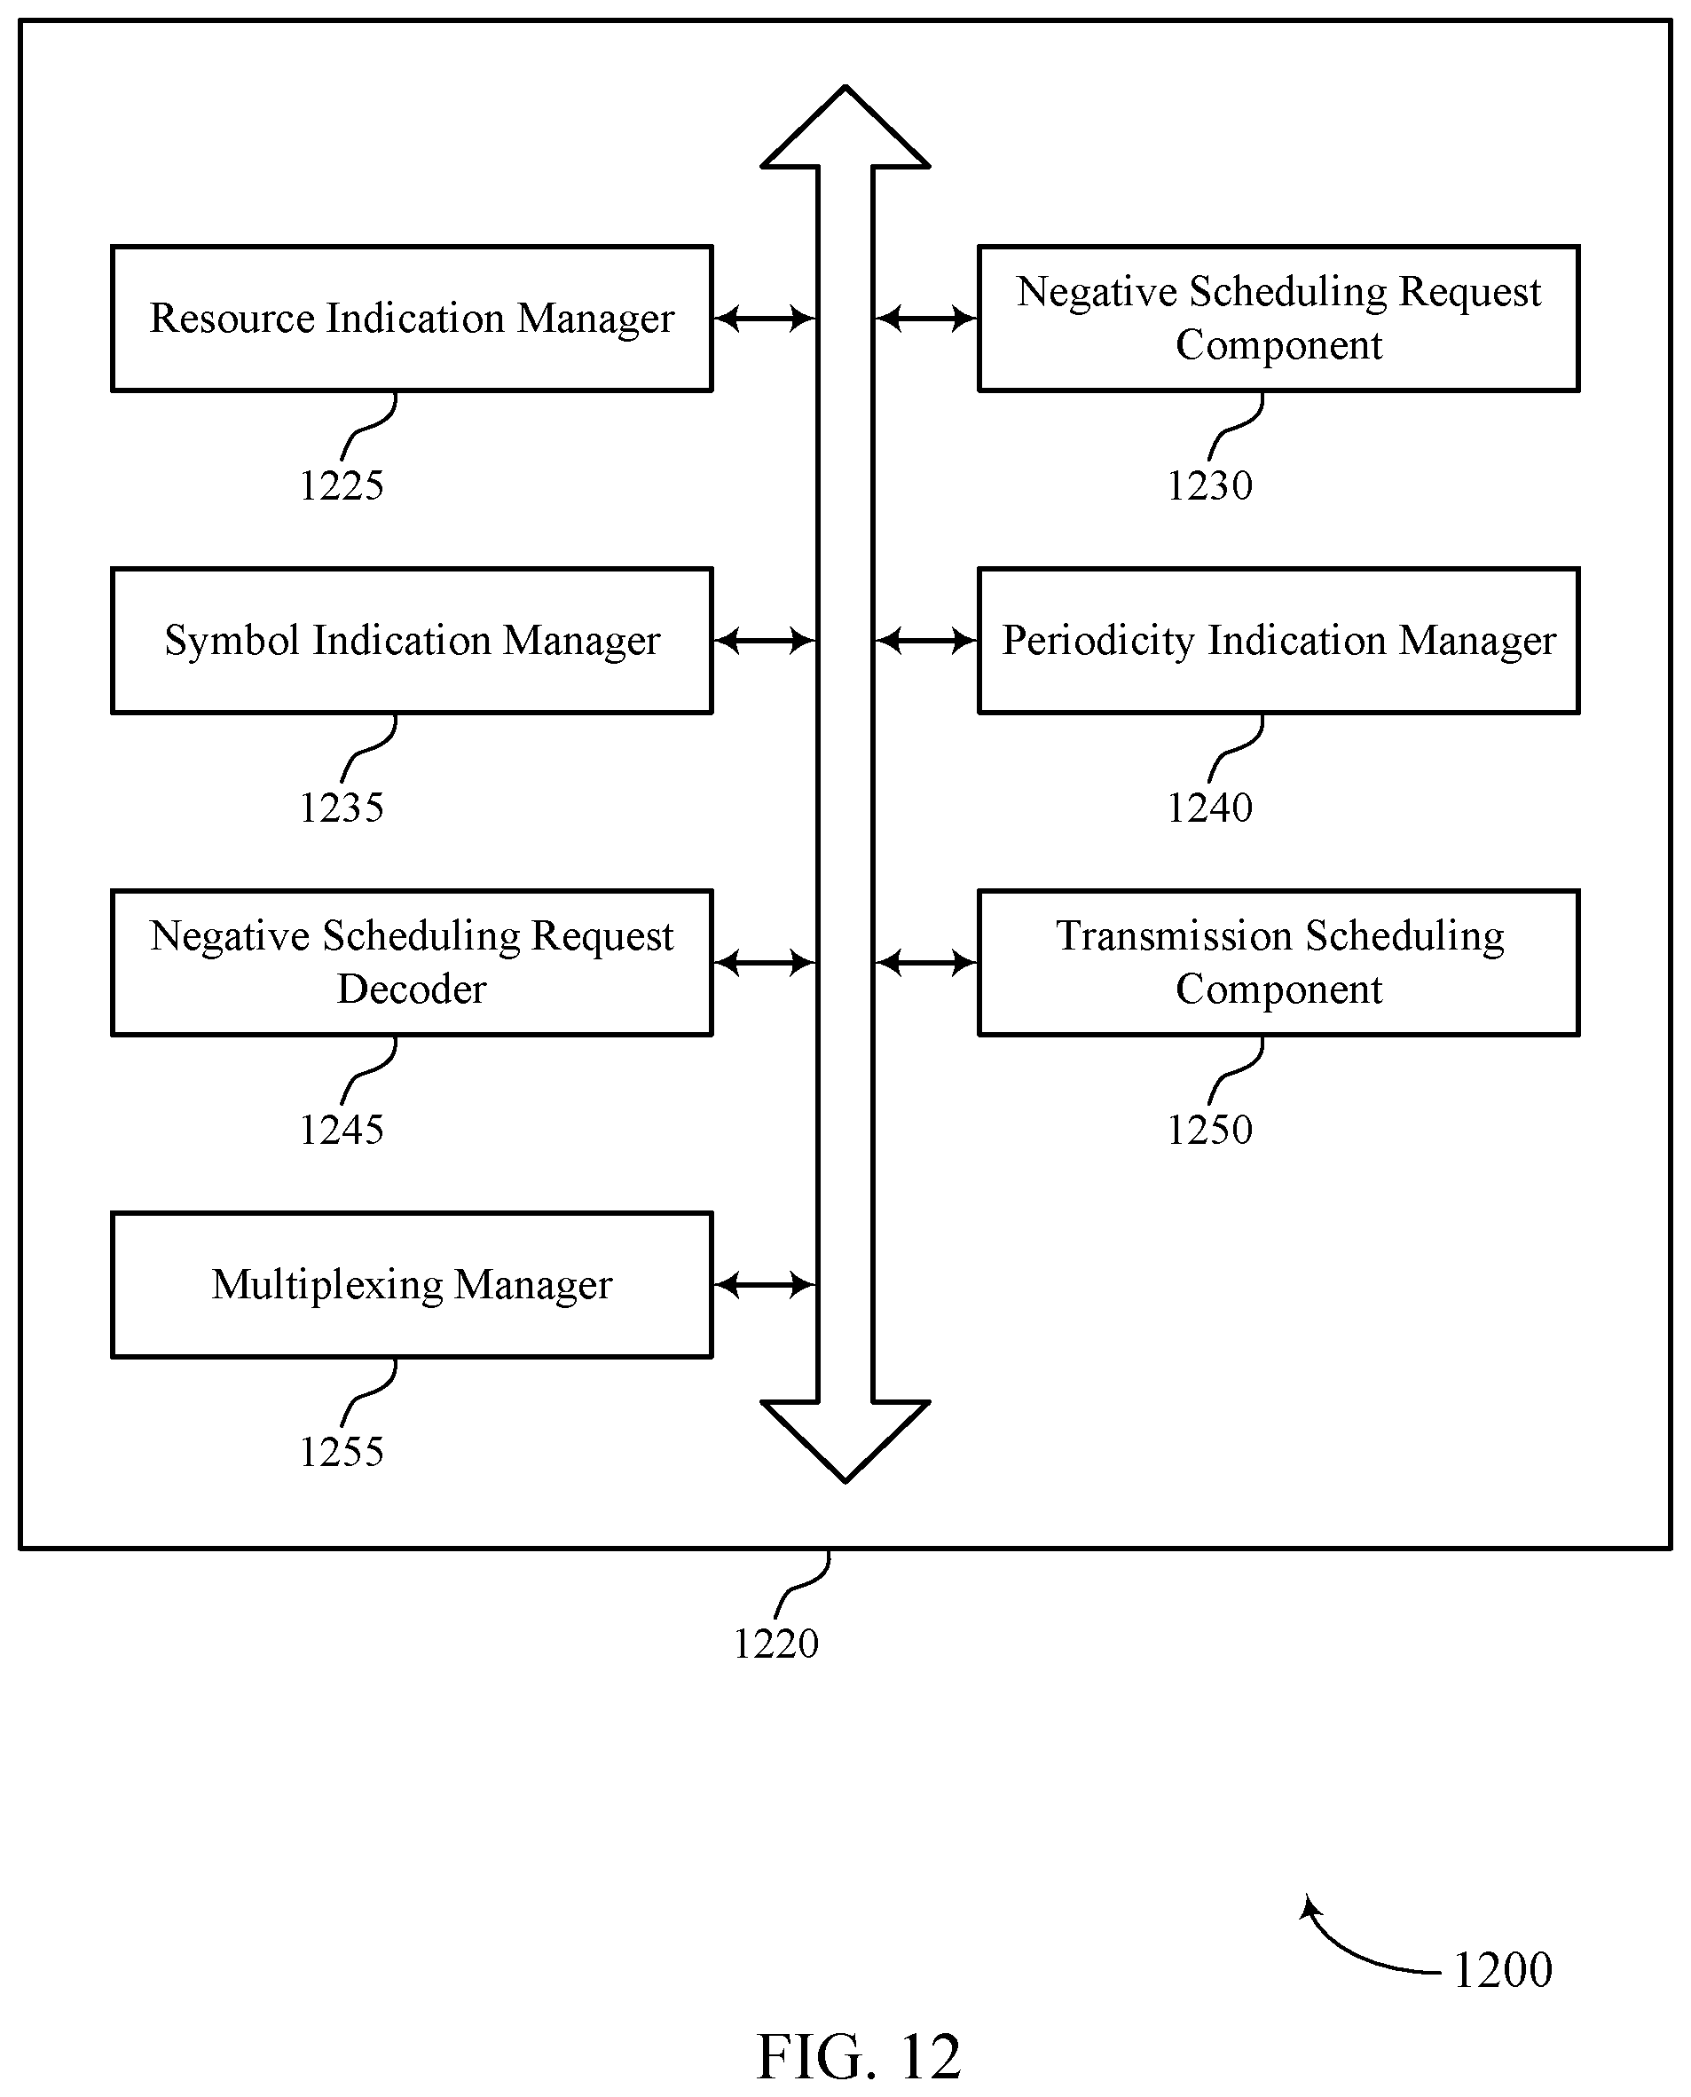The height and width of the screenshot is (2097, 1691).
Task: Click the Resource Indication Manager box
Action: pos(412,319)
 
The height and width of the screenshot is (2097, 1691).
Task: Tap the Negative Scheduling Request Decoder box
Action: pos(412,963)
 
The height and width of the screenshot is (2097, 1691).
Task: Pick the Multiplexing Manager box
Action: pos(412,1285)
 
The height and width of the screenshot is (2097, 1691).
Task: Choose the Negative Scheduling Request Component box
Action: pos(1279,319)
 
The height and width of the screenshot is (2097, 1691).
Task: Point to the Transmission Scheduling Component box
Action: pos(1279,963)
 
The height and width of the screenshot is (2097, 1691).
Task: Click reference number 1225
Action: pos(342,485)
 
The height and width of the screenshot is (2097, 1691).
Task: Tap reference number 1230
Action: pos(1210,485)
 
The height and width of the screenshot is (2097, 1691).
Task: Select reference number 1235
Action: pos(342,808)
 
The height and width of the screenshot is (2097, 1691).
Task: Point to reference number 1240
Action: pos(1210,808)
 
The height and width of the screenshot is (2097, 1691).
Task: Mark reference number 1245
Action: pos(342,1131)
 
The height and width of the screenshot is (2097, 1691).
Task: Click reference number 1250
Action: pos(1210,1131)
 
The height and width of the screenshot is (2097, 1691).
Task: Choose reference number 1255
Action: pos(342,1452)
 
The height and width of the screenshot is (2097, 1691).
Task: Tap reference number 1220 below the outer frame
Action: pos(776,1644)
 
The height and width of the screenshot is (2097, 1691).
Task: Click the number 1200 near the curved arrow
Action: pos(1503,1970)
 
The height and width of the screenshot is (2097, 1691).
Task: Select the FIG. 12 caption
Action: pos(859,2056)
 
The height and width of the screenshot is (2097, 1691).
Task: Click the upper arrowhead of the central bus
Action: pos(845,127)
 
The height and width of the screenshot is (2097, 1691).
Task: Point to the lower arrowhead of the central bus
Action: pos(845,1442)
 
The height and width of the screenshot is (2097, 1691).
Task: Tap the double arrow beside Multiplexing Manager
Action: pos(765,1285)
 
